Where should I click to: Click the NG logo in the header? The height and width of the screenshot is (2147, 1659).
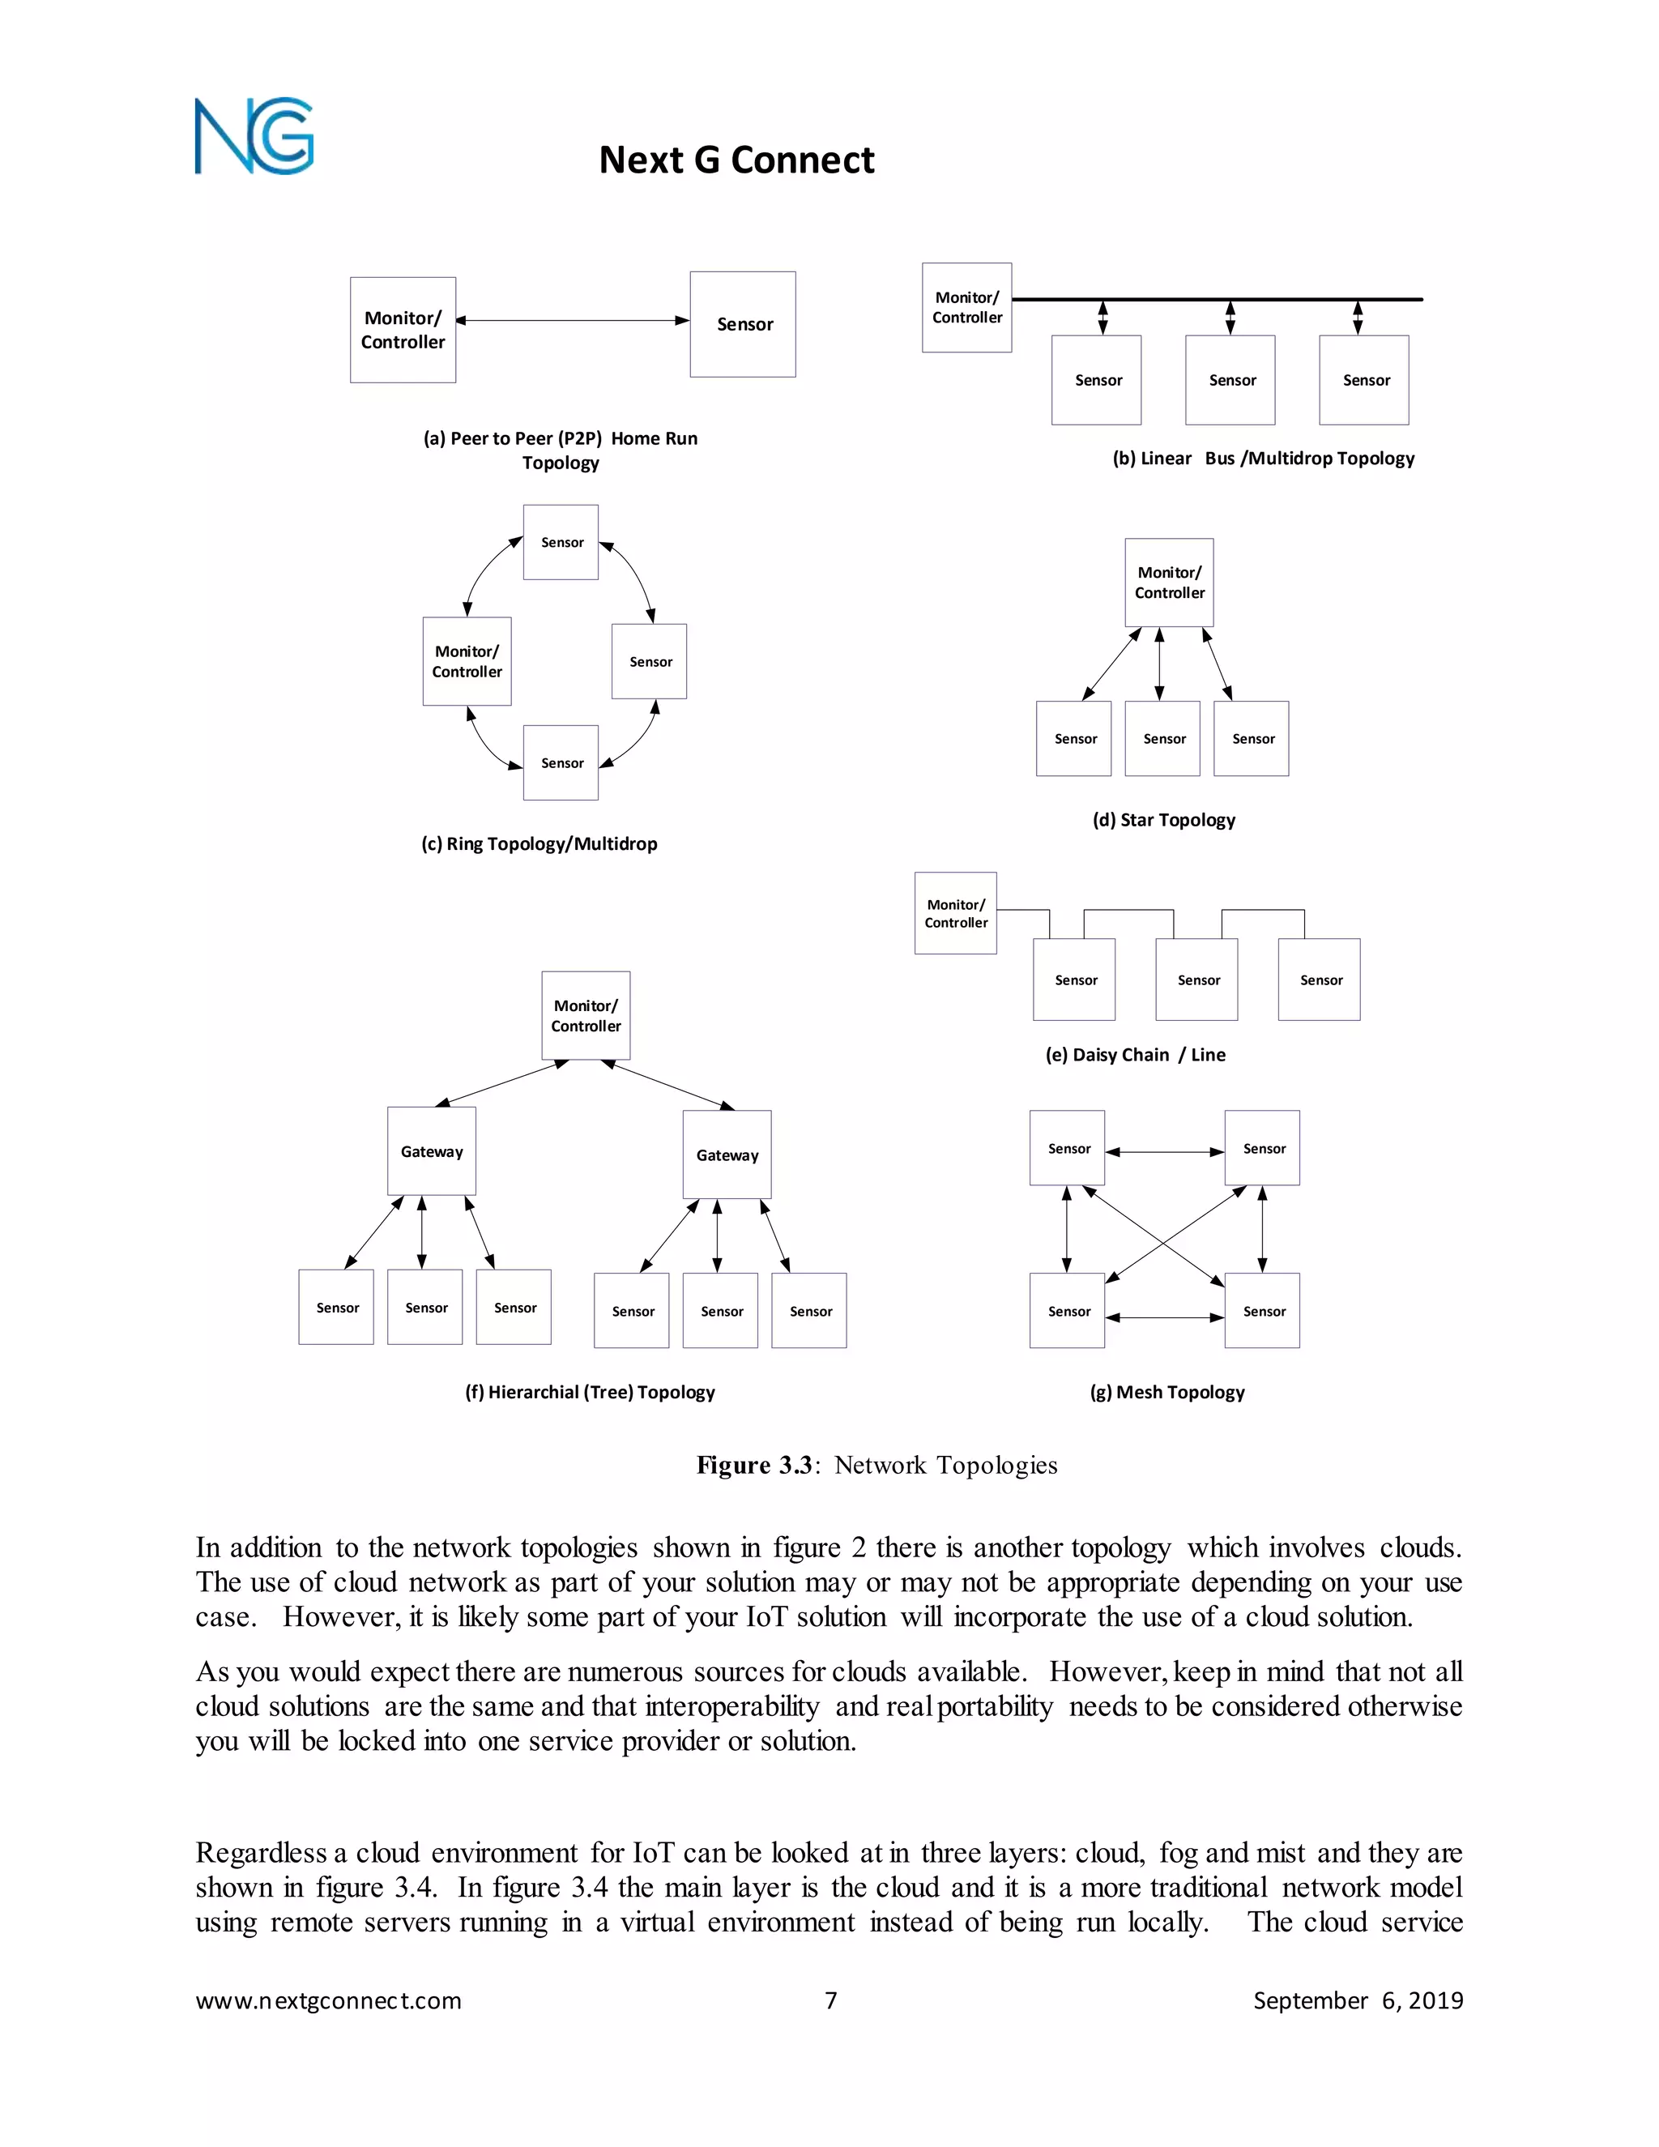(254, 137)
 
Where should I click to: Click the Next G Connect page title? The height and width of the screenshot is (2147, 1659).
(736, 160)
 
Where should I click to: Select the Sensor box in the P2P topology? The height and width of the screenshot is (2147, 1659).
(742, 324)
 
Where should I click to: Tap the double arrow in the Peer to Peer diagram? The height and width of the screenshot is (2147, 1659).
(572, 321)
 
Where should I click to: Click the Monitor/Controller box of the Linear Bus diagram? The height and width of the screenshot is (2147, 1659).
(966, 308)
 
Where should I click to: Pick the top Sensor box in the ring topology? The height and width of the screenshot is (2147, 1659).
(561, 543)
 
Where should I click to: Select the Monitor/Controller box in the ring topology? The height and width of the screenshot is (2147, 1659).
(467, 662)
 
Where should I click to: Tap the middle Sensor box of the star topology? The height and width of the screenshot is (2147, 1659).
(1162, 738)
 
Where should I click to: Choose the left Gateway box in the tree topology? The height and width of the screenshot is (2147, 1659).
(432, 1151)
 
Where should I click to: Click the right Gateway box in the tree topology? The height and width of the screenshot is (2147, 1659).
(727, 1155)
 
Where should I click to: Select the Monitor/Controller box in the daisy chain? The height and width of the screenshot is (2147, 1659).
(955, 913)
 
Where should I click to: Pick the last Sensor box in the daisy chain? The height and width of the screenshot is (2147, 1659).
(1319, 980)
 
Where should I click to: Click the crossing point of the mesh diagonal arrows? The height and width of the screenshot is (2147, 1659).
(1164, 1245)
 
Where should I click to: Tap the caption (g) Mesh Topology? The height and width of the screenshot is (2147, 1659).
(1166, 1392)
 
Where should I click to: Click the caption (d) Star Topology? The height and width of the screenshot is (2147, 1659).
(1164, 820)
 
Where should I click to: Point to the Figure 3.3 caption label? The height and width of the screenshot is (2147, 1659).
(755, 1466)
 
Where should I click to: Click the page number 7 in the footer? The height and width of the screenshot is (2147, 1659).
(830, 2000)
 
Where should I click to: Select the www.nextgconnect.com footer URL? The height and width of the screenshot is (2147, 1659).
(328, 2000)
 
